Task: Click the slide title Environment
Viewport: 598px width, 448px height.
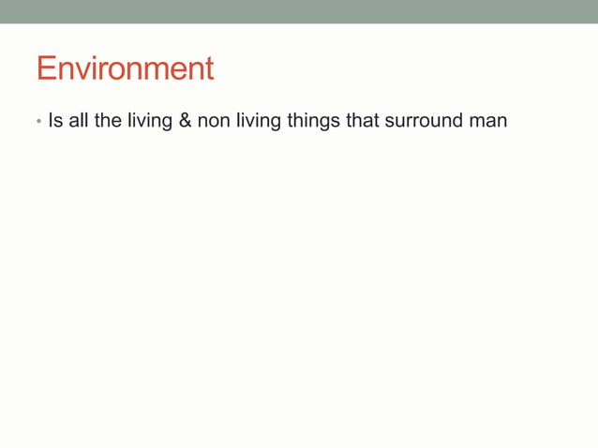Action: (125, 68)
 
